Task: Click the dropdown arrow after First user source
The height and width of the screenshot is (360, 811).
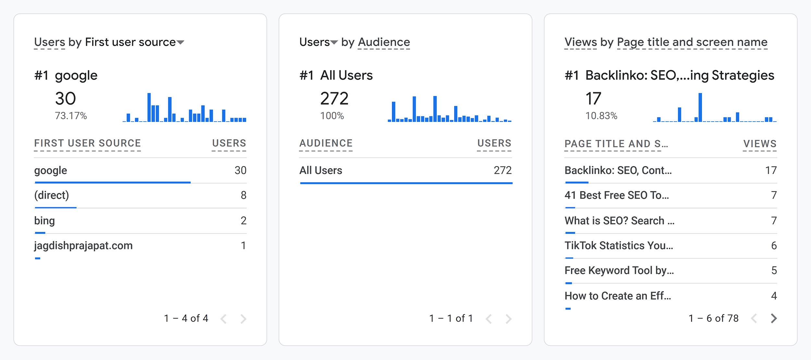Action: click(x=180, y=42)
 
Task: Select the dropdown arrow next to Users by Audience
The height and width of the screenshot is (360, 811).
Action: click(x=334, y=42)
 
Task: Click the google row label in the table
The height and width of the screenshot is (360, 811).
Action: click(x=51, y=171)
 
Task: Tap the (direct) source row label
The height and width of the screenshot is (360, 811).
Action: click(x=52, y=195)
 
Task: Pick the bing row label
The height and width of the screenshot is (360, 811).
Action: click(x=44, y=221)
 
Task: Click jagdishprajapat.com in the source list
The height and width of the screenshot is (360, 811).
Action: click(x=83, y=246)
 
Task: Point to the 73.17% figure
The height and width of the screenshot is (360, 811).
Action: click(x=71, y=116)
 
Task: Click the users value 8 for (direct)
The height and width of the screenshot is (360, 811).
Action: click(x=244, y=195)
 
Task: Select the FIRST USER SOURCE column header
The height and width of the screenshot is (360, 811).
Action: click(x=88, y=143)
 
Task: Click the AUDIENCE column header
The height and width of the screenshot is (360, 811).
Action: click(x=326, y=143)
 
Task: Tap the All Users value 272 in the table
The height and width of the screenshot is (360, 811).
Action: click(x=502, y=170)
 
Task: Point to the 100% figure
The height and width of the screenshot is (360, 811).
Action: click(x=332, y=116)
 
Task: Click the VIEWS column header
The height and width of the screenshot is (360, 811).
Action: click(x=760, y=144)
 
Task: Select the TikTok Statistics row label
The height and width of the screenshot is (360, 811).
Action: click(x=619, y=246)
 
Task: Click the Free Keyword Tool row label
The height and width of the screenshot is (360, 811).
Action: click(x=619, y=270)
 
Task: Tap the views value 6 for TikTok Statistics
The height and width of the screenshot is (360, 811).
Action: click(x=774, y=246)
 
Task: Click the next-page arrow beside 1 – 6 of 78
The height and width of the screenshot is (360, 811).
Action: click(x=774, y=318)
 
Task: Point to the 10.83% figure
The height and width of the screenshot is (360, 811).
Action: click(x=601, y=116)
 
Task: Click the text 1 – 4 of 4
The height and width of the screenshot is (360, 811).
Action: click(x=186, y=318)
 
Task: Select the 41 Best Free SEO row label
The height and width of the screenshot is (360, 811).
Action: click(x=617, y=195)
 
